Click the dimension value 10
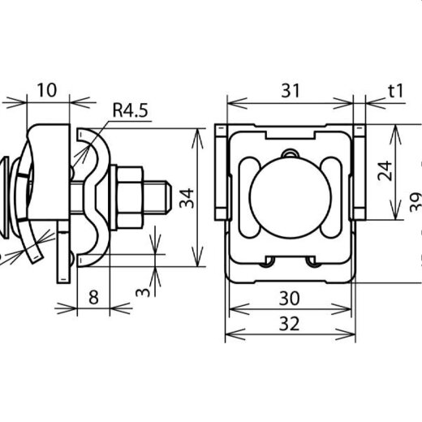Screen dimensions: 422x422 point(47,90)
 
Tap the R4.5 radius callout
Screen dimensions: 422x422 point(130,110)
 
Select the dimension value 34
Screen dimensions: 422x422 point(187,198)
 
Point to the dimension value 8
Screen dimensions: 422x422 point(93,297)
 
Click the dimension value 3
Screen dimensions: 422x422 point(143,292)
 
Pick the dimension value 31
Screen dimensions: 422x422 point(291,91)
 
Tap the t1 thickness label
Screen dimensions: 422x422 point(396,91)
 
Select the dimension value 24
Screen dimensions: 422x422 point(385,170)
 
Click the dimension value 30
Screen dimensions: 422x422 point(290,298)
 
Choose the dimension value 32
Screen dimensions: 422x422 point(290,324)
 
